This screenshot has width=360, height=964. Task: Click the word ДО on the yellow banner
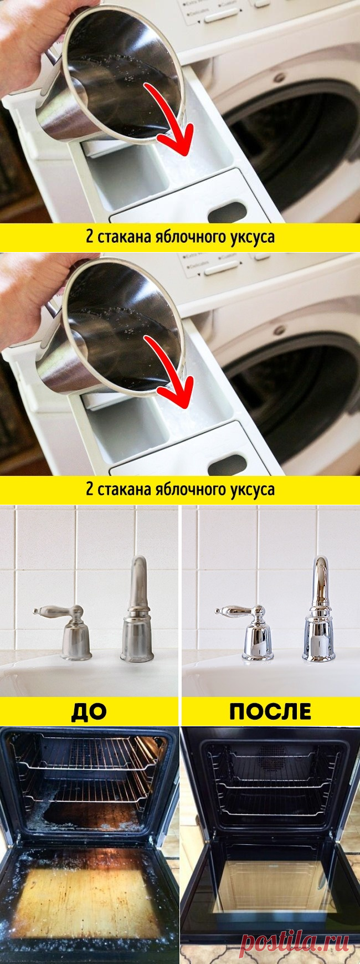(x=89, y=710)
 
